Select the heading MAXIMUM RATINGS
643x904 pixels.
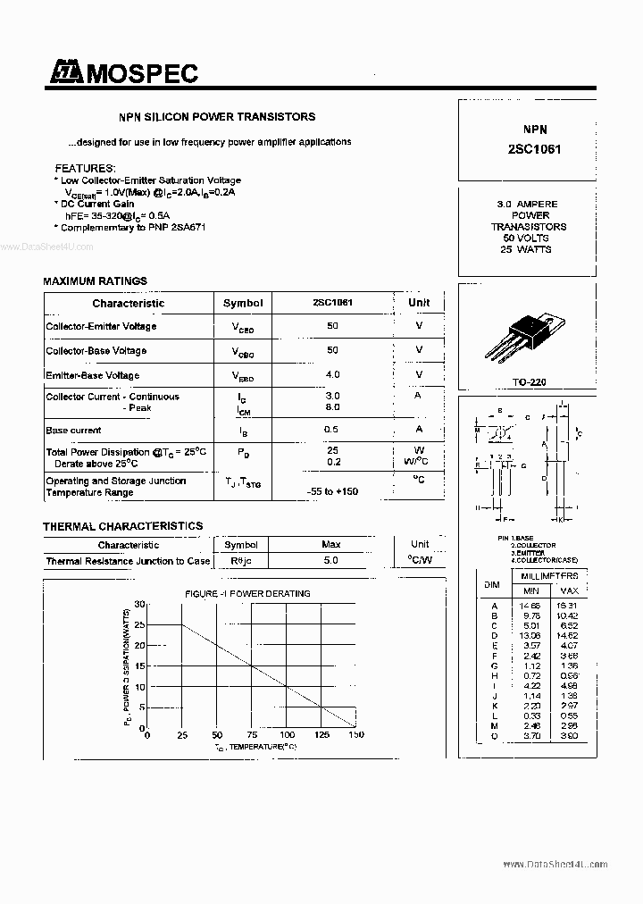point(95,281)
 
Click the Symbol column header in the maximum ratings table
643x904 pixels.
point(243,303)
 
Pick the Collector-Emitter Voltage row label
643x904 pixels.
point(101,326)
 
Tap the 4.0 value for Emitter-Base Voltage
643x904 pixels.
point(332,374)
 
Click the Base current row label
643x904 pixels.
point(73,431)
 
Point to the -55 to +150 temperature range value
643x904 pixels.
point(332,492)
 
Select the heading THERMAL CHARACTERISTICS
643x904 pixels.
point(122,526)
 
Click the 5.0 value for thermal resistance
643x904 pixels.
point(331,561)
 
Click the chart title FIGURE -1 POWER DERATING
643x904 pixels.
point(247,593)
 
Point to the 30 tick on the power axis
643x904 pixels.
point(139,605)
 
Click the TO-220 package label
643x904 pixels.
point(530,381)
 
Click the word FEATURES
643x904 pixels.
point(85,168)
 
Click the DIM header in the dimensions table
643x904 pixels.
point(491,583)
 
